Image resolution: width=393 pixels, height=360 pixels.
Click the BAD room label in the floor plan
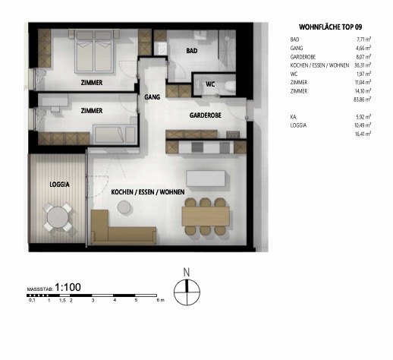click(193, 51)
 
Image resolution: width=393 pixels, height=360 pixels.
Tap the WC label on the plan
click(211, 85)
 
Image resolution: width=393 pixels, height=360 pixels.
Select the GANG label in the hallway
click(152, 96)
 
